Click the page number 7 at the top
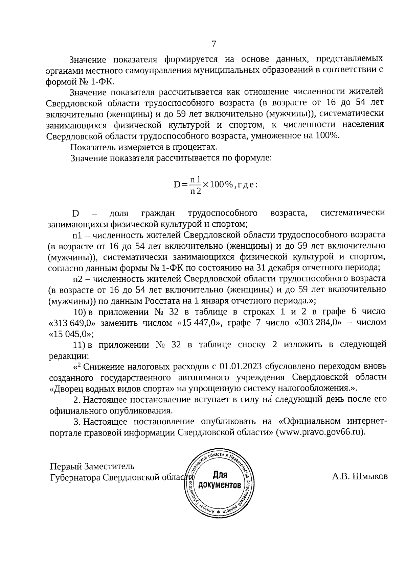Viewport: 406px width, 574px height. coord(214,44)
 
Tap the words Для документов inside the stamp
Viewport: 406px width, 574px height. coord(220,480)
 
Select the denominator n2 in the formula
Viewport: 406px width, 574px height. coord(195,192)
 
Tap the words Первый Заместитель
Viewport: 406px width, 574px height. coord(92,467)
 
